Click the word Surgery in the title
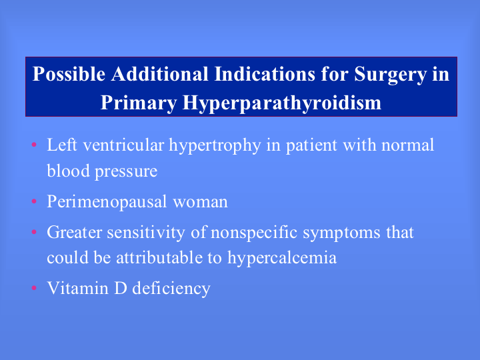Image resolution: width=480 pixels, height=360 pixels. click(x=390, y=75)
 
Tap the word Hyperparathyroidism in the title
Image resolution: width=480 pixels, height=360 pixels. click(x=282, y=103)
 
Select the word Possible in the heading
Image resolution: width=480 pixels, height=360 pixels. click(x=69, y=74)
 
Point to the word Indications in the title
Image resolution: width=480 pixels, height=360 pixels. click(x=265, y=74)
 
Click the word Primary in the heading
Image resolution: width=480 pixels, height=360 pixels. click(x=139, y=103)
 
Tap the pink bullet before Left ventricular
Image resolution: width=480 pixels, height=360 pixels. click(x=34, y=145)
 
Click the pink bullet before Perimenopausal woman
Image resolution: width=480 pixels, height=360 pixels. click(x=34, y=201)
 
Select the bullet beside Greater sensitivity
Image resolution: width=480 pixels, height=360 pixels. click(x=34, y=232)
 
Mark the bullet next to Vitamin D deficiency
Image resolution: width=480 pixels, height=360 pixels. click(x=34, y=288)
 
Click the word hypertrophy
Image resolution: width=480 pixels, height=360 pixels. click(x=215, y=146)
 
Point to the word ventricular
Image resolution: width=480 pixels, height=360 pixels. click(x=124, y=145)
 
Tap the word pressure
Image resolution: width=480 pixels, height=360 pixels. click(x=126, y=172)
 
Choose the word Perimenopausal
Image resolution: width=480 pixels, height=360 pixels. click(x=107, y=203)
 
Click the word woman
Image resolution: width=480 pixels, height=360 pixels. click(x=201, y=203)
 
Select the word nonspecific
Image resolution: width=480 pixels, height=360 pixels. click(x=254, y=233)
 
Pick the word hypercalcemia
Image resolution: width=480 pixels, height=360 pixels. click(x=282, y=259)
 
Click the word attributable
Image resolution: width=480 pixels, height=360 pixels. click(x=159, y=257)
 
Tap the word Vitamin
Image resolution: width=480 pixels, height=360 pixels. click(x=78, y=288)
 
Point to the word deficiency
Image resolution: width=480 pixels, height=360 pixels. click(x=171, y=289)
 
